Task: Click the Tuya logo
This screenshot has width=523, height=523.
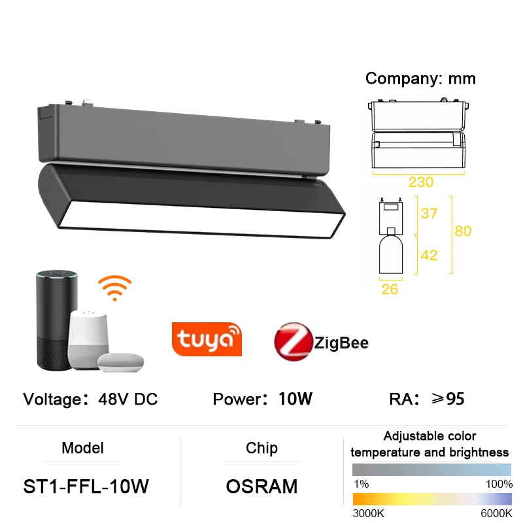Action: click(207, 339)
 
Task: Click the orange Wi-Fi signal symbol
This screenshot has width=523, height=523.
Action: click(114, 288)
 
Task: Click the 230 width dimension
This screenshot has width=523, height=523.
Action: click(421, 182)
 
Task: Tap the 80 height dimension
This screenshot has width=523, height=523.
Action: click(463, 231)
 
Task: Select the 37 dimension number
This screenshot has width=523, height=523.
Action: click(428, 214)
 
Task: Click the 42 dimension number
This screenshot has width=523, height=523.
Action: click(428, 255)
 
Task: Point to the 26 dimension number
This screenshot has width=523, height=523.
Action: click(390, 289)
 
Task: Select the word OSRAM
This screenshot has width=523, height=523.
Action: click(261, 486)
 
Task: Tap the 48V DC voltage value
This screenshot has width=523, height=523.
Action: click(127, 399)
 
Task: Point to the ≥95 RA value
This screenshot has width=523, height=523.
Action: click(445, 399)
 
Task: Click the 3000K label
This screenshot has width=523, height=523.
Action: click(368, 514)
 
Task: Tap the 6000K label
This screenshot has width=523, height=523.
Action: click(496, 514)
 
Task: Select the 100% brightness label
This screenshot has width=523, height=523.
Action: click(499, 484)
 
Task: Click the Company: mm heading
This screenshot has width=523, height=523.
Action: click(420, 78)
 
